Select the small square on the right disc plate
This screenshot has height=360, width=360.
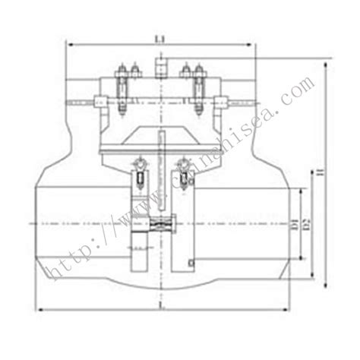[x=191, y=263]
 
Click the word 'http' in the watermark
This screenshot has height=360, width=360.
[x=64, y=257]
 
